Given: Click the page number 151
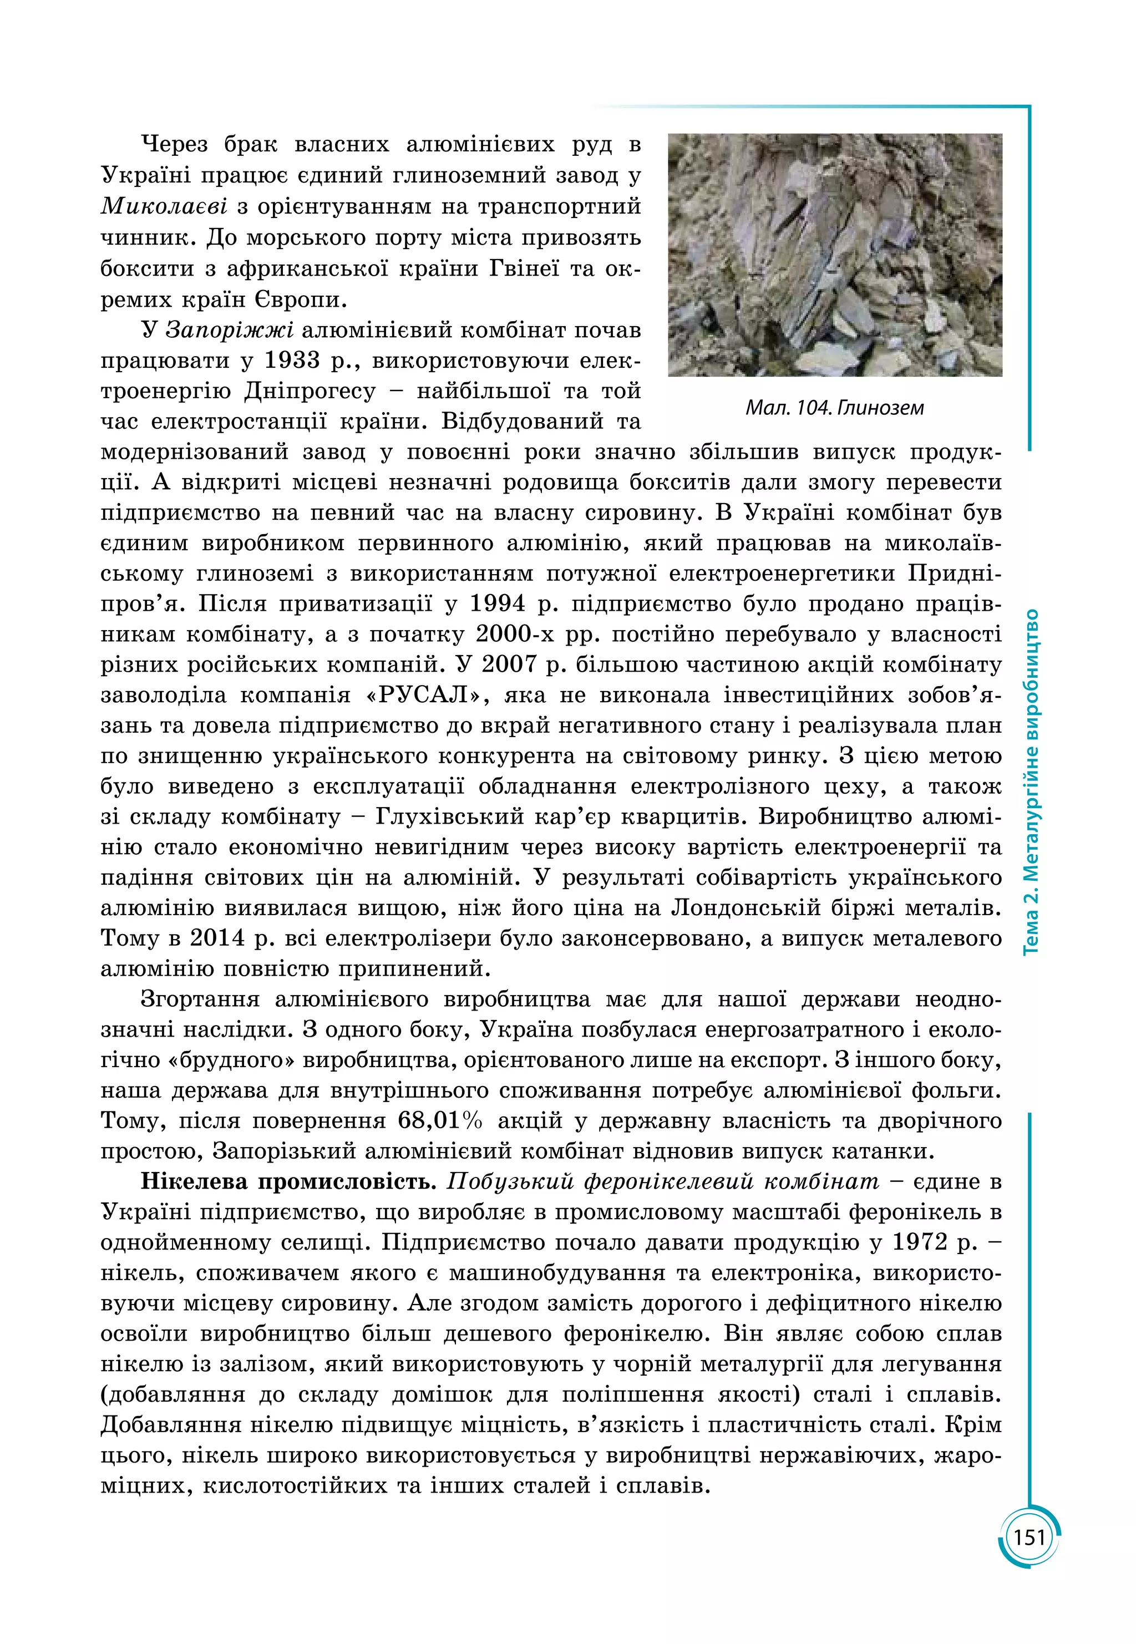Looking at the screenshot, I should (x=1029, y=1538).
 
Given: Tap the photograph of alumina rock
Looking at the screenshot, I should (x=834, y=255).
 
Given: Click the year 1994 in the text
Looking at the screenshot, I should (x=498, y=604).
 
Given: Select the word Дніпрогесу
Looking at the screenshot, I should (x=310, y=392).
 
